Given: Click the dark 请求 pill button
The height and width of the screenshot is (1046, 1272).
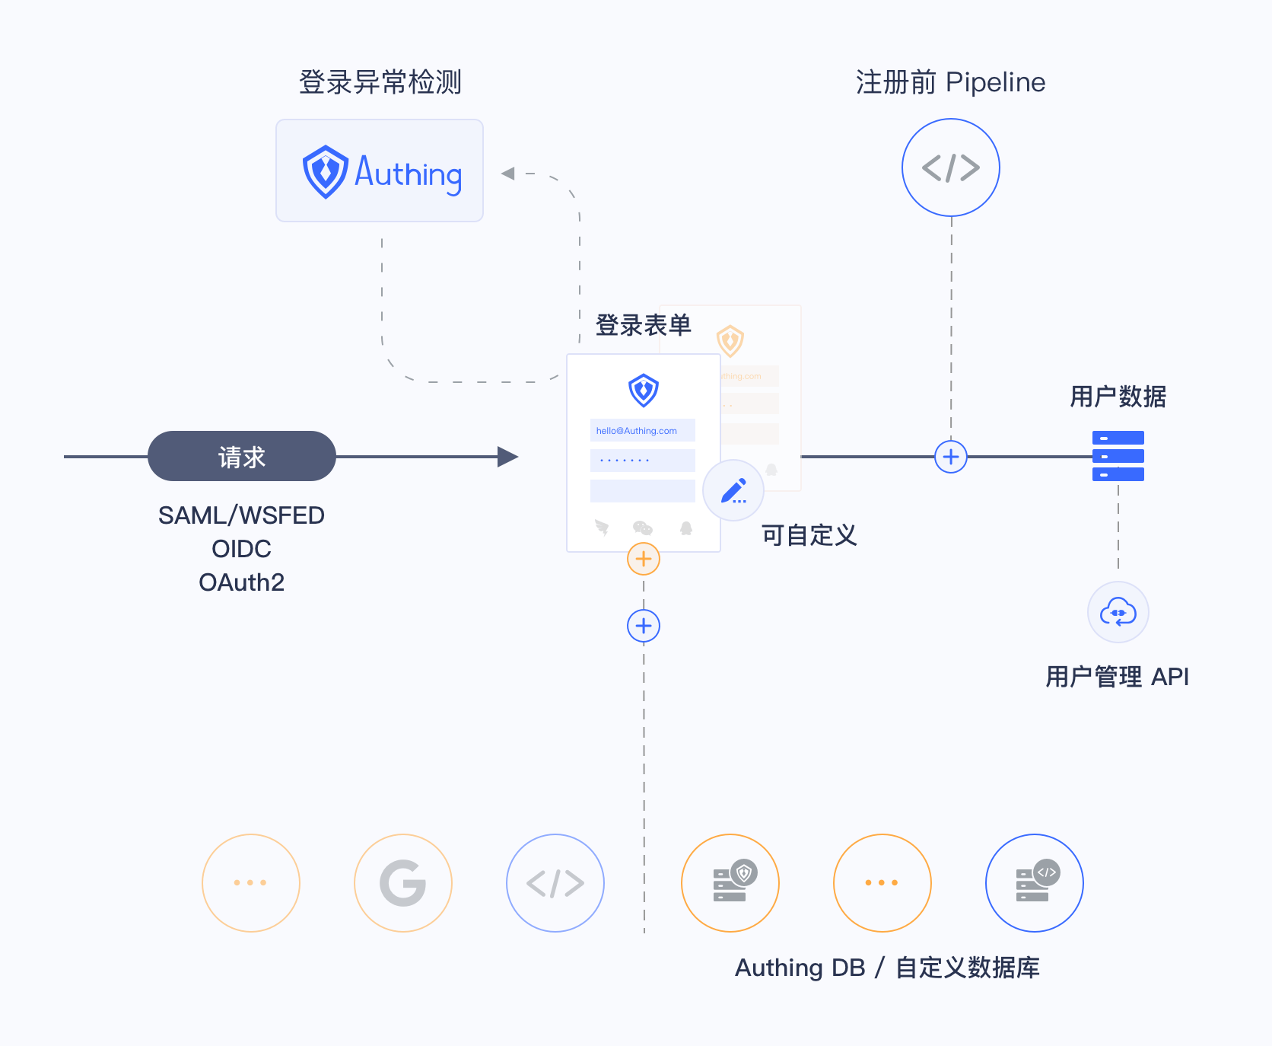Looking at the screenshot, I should pos(241,456).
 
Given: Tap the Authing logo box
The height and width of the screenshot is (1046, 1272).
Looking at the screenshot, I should pos(379,171).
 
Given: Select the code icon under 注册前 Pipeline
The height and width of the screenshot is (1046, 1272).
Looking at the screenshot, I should pos(950,167).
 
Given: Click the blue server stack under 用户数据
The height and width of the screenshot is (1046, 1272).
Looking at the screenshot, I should pos(1118,455).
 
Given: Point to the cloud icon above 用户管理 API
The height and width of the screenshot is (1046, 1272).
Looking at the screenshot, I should pos(1118,612).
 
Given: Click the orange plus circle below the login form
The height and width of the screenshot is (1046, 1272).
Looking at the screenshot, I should pos(643,559).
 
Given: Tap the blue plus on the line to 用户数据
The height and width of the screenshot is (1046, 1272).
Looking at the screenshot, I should pos(950,457).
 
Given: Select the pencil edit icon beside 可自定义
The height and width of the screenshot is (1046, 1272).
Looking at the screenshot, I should pos(733,490).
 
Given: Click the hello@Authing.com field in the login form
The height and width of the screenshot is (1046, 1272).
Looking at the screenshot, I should pos(642,430).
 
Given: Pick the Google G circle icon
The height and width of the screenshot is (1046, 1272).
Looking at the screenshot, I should pos(402,882).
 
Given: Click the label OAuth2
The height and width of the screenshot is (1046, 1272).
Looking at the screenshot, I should pos(241,582).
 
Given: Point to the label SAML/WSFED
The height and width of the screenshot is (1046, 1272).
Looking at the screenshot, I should pos(241,515).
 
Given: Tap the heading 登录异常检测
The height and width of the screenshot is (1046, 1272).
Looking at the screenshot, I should pos(380,82).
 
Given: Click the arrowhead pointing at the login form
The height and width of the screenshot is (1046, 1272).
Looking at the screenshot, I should pos(507,457).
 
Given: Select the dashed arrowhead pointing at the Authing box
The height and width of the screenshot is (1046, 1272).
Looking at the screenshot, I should pos(508,174).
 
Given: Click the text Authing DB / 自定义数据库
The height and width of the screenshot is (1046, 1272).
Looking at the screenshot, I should pos(887,968).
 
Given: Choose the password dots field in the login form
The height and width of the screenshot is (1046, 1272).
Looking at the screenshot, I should pos(642,461).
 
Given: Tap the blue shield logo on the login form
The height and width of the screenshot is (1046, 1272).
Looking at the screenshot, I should pos(643,390).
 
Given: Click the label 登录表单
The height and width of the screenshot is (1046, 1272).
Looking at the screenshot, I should pos(643,325).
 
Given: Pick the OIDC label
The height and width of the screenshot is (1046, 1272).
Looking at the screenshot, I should pos(241,549).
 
